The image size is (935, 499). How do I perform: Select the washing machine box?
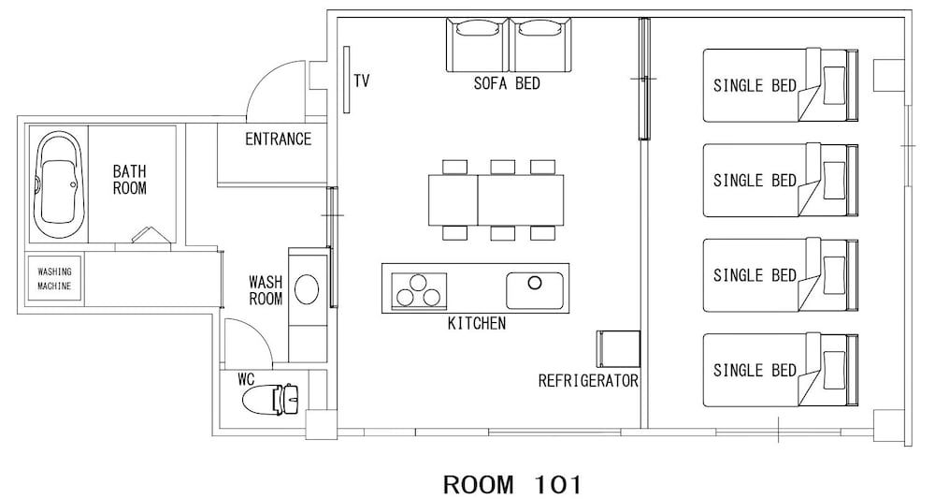pyautogui.click(x=54, y=278)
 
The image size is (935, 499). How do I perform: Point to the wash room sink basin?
pyautogui.click(x=306, y=289)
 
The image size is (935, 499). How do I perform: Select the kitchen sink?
pyautogui.click(x=534, y=289)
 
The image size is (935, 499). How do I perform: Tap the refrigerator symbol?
pyautogui.click(x=617, y=349)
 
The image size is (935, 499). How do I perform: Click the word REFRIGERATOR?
pyautogui.click(x=588, y=381)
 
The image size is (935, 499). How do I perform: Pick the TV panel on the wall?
pyautogui.click(x=346, y=81)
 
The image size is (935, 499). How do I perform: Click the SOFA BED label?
pyautogui.click(x=507, y=83)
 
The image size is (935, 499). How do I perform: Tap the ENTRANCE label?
pyautogui.click(x=278, y=139)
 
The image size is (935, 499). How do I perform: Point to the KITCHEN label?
pyautogui.click(x=477, y=324)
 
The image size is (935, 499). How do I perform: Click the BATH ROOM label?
pyautogui.click(x=129, y=179)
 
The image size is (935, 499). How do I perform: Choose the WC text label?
pyautogui.click(x=246, y=380)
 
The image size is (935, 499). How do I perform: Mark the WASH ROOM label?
pyautogui.click(x=266, y=289)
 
